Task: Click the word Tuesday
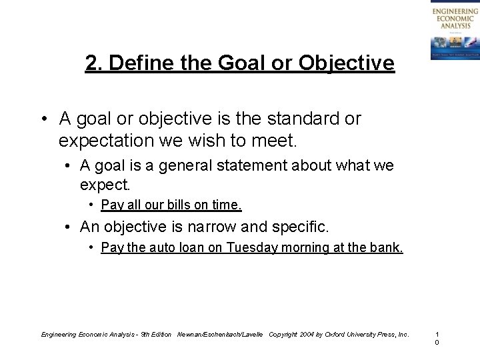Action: (x=251, y=248)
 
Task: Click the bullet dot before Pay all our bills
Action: (x=92, y=204)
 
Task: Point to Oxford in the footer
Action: (x=336, y=333)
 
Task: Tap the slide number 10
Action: (x=437, y=337)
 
